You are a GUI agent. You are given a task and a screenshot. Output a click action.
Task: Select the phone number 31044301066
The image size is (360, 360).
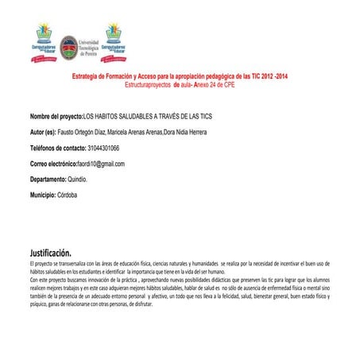[103, 148]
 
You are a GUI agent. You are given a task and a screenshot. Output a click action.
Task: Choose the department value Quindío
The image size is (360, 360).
[83, 180]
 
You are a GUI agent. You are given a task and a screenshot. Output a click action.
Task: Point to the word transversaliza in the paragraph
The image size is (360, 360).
[79, 264]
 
